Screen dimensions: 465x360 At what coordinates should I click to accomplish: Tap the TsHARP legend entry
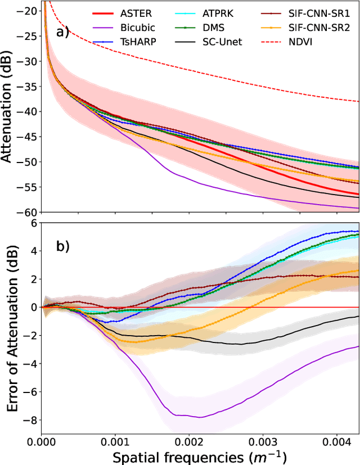point(134,40)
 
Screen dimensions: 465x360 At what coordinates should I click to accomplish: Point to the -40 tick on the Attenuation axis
point(27,111)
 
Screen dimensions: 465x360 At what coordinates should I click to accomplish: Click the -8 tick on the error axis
point(31,419)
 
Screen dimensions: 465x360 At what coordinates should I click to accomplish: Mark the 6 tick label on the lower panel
point(34,223)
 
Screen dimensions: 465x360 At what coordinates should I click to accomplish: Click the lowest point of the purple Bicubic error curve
point(198,417)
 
